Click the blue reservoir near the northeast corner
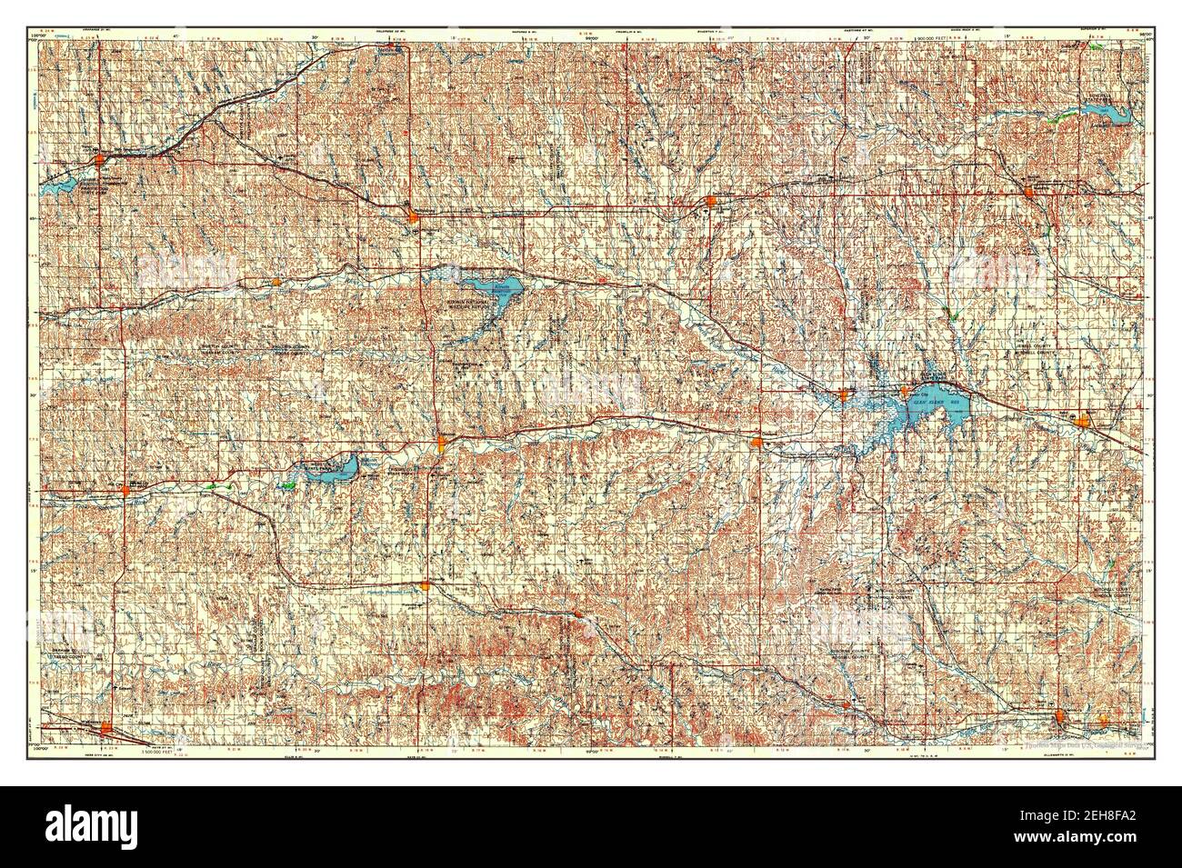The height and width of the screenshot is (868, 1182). [x=1100, y=111]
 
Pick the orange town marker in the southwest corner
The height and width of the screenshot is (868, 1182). [x=108, y=725]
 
